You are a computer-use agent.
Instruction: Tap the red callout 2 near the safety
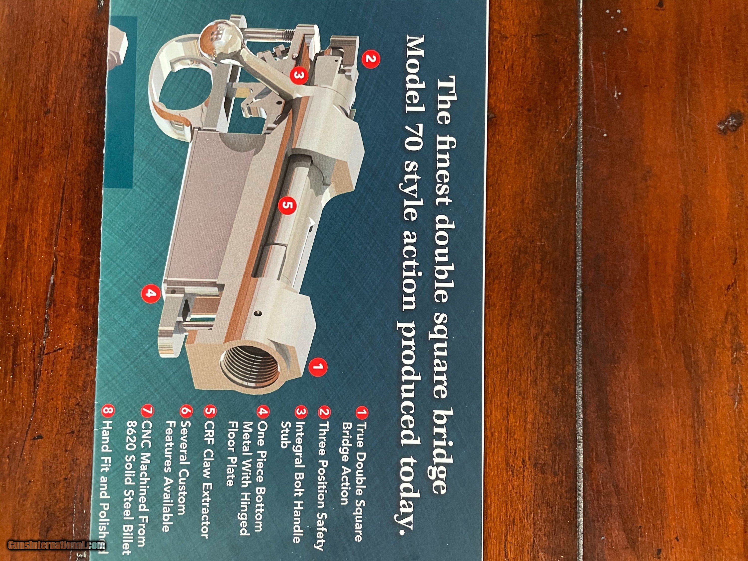pos(371,59)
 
